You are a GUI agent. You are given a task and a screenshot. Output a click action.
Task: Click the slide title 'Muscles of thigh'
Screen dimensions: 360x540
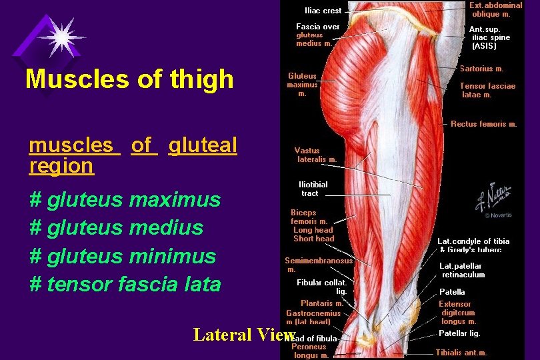point(129,79)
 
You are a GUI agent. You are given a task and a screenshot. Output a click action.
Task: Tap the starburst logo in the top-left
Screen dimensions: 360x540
point(61,37)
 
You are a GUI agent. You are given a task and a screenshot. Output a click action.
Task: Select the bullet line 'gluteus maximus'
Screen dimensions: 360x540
point(125,199)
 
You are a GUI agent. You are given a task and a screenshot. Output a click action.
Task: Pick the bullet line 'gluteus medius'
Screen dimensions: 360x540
point(117,227)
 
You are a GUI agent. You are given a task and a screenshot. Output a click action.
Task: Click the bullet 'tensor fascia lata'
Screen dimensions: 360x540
point(125,284)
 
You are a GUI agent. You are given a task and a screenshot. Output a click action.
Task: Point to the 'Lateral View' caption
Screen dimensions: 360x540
point(244,335)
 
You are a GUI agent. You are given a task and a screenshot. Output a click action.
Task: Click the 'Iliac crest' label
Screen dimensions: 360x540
point(323,11)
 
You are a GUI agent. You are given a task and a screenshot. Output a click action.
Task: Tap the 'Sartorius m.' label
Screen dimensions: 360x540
point(481,69)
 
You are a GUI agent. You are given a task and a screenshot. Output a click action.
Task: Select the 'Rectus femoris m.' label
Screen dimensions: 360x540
point(483,124)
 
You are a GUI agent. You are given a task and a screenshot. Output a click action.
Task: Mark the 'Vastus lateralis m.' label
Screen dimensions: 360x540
point(317,155)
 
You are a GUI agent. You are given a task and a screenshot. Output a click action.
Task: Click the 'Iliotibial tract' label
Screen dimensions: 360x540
point(313,189)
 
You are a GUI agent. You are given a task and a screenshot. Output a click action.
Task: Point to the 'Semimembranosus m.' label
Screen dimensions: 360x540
point(318,265)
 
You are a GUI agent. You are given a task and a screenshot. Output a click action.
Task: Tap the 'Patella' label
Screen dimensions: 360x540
point(452,292)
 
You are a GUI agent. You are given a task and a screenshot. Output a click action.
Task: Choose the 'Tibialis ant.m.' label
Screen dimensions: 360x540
point(461,353)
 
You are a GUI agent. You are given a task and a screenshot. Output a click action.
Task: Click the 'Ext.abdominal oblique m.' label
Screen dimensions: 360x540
point(497,9)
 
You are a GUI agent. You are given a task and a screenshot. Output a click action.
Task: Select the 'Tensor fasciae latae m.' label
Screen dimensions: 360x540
point(487,90)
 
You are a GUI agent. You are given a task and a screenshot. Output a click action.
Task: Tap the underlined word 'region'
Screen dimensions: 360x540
point(61,166)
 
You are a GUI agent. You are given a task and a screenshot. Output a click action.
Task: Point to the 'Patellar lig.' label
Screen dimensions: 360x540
point(459,333)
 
